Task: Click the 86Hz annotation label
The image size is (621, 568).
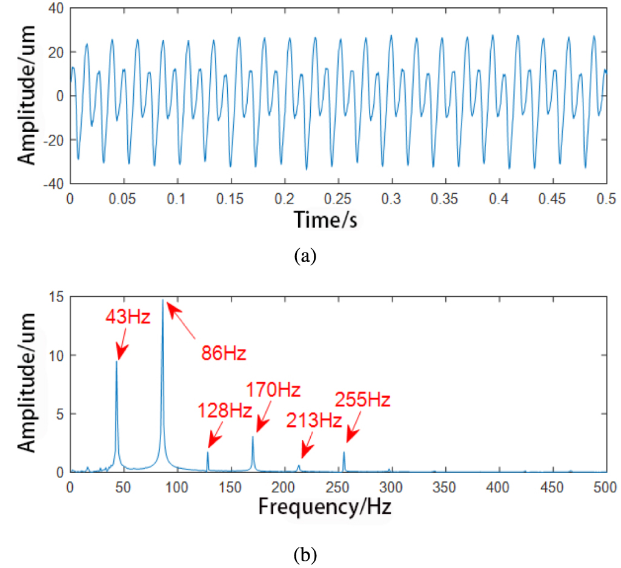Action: coord(224,353)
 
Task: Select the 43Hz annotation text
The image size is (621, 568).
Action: coord(127,317)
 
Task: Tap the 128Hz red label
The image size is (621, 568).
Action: coord(224,411)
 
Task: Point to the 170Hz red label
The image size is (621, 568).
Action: coord(273,389)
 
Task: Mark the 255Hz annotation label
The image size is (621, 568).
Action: coord(363,400)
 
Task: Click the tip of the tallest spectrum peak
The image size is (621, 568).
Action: coord(162,300)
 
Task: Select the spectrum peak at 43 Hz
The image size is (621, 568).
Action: coord(116,362)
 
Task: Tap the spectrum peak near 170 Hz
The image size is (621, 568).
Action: coord(253,437)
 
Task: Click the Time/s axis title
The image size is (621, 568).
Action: coord(325,220)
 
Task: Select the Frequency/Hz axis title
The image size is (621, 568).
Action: coord(325,506)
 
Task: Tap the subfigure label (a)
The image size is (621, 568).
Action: coord(305,256)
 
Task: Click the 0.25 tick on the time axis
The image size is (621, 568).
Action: coord(339,198)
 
